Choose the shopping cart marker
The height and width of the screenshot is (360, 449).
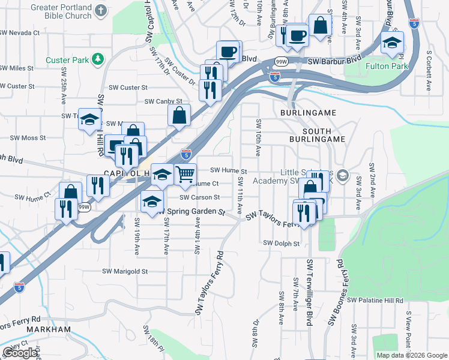[185, 174]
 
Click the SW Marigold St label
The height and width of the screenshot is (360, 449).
[125, 271]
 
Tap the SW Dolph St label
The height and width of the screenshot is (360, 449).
[281, 243]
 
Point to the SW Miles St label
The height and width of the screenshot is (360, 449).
[17, 68]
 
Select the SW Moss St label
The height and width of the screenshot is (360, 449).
[25, 138]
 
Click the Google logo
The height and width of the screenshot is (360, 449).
[20, 353]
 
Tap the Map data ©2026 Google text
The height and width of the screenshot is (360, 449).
[411, 355]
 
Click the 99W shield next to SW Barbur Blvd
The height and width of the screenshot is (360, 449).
[281, 62]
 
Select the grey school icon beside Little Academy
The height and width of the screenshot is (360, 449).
[343, 175]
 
